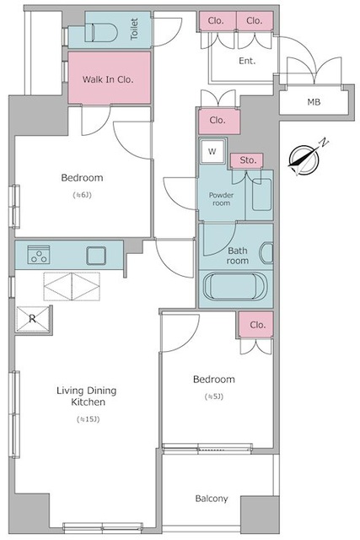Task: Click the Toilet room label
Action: click(x=134, y=30)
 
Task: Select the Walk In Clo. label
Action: click(x=108, y=79)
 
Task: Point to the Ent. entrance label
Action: click(x=248, y=61)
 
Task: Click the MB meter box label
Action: click(x=314, y=102)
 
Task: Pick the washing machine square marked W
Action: click(x=212, y=151)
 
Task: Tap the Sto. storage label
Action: click(x=248, y=160)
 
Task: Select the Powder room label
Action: click(x=221, y=199)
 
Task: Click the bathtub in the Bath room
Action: click(x=236, y=287)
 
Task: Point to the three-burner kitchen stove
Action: click(x=39, y=255)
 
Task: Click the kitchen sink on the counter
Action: click(x=96, y=256)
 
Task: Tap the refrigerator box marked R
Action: click(x=33, y=319)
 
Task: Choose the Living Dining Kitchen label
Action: click(x=86, y=396)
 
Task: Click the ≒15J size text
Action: click(x=88, y=419)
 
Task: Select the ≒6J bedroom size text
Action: click(x=82, y=195)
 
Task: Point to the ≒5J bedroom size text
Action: click(x=214, y=397)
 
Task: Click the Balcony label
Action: click(x=212, y=499)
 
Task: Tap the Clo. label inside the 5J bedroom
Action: click(x=258, y=325)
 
